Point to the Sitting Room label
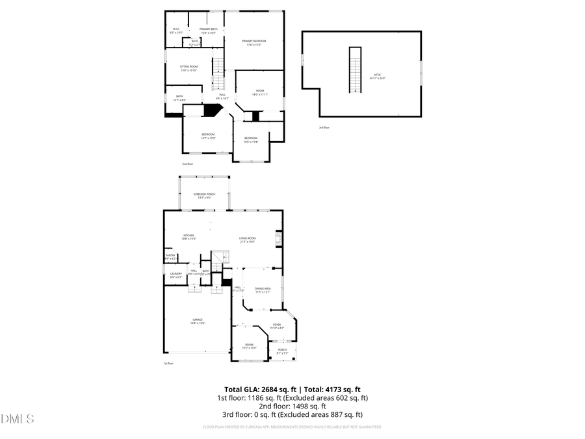coord(189,68)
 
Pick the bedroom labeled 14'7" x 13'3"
coord(208,136)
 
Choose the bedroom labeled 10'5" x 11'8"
coord(251,140)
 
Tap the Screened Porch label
coord(204,196)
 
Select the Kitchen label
coord(188,237)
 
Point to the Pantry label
coord(170,257)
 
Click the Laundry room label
coord(176,275)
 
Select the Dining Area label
coord(262,290)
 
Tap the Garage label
coord(197,321)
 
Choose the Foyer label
coord(276,326)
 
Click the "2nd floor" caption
coord(187,164)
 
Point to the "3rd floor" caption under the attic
coord(324,127)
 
